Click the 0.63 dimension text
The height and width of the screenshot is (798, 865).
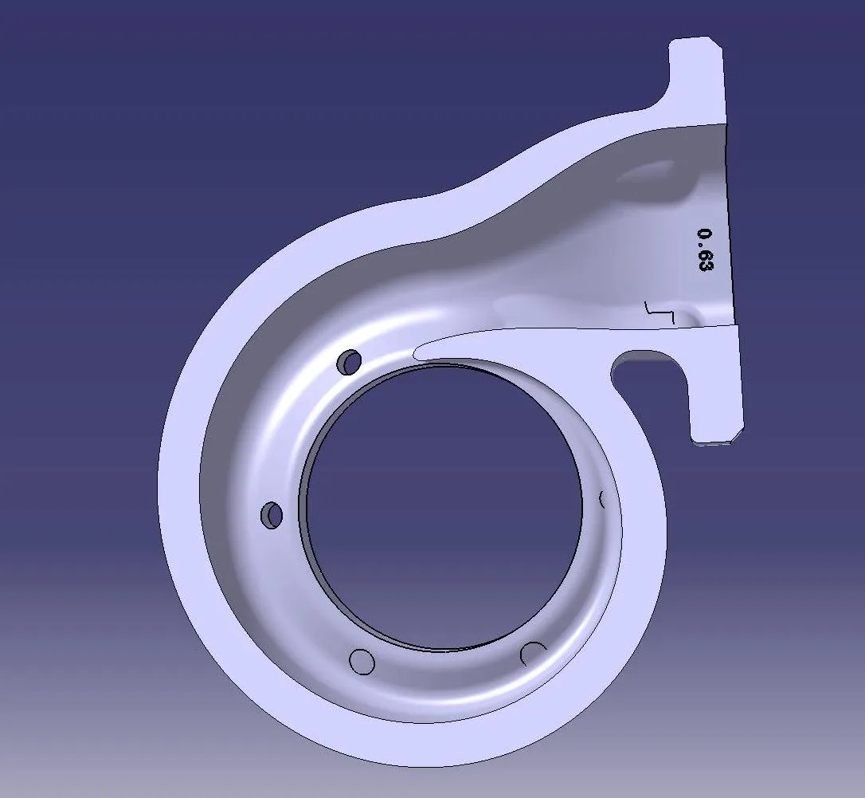coord(704,250)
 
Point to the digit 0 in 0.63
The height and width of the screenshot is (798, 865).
coord(704,234)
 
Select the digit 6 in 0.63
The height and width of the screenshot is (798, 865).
coord(705,254)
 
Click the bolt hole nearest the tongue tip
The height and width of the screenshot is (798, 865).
coord(349,362)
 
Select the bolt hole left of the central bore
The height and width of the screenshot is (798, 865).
coord(272,515)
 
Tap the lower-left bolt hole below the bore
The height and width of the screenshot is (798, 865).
coord(362,662)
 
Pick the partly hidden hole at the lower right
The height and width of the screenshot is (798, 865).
coord(532,653)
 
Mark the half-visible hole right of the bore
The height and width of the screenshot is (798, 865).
coord(603,499)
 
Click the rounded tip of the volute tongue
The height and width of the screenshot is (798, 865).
coord(418,351)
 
